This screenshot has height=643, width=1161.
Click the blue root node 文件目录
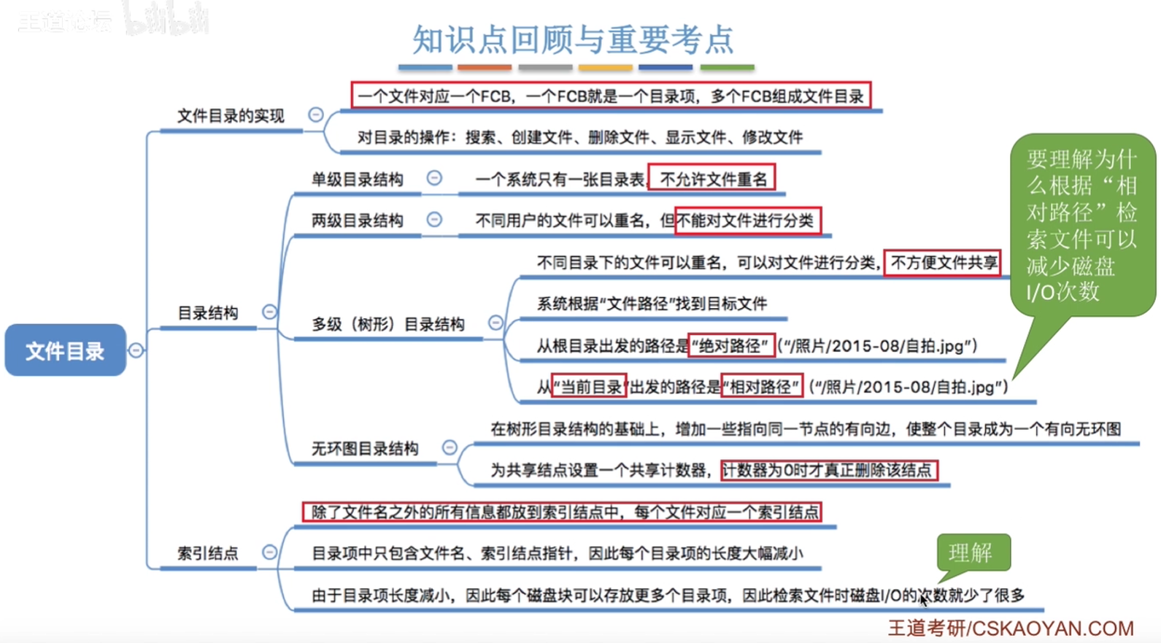[65, 350]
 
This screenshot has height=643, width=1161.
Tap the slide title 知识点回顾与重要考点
[574, 40]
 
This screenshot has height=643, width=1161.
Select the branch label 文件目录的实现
[231, 115]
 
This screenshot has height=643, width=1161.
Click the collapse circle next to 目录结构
[269, 312]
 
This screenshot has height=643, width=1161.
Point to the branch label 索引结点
[207, 553]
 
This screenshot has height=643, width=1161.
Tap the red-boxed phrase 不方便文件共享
[942, 263]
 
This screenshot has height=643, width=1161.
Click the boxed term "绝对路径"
[732, 346]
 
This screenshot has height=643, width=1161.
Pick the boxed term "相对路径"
[762, 386]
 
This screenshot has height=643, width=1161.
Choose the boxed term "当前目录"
[589, 386]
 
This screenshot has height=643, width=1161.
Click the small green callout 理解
[973, 552]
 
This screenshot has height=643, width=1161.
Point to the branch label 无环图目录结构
[365, 448]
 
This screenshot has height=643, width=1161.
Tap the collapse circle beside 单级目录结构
[434, 178]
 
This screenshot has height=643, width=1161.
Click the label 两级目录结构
[357, 220]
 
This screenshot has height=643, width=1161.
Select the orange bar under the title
[484, 67]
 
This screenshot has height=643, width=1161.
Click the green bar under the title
[727, 67]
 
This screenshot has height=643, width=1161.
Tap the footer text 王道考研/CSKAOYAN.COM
[1011, 628]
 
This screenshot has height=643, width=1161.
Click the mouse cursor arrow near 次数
[924, 600]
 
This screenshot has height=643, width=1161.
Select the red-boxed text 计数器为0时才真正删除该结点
[829, 470]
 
